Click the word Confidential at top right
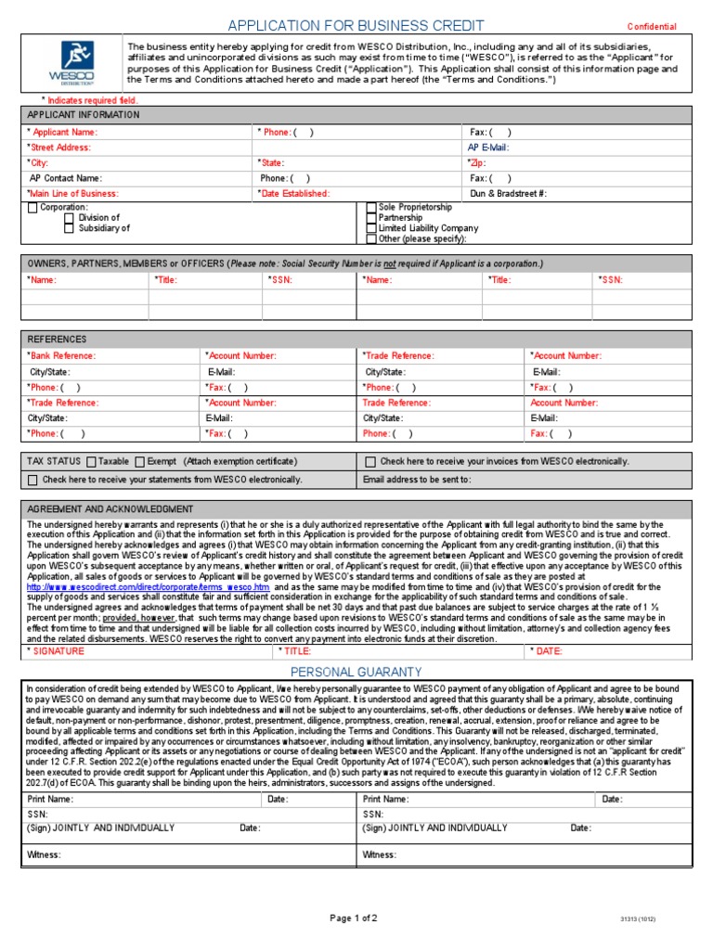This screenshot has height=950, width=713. (652, 27)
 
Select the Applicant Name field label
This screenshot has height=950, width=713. (62, 133)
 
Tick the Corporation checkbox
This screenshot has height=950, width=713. (32, 208)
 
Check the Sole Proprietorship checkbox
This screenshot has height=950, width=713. (371, 208)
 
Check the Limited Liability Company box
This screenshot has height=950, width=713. (371, 228)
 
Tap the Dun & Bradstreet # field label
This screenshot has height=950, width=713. (508, 193)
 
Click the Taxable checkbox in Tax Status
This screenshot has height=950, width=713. (91, 461)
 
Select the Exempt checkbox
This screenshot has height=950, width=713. (139, 461)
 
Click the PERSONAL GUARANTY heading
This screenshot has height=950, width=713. (356, 671)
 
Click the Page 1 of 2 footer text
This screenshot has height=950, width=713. (354, 918)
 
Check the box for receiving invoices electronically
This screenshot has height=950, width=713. (370, 461)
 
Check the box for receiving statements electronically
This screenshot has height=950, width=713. (32, 480)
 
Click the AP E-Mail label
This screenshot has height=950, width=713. (487, 148)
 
